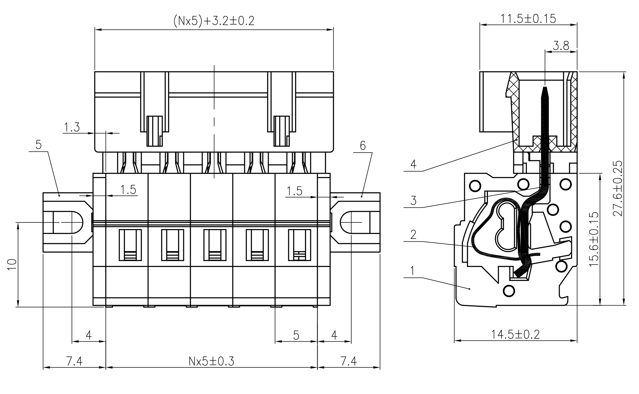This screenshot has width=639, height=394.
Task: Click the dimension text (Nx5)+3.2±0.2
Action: coord(213,21)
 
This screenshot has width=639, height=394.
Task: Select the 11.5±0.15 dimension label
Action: coord(528,19)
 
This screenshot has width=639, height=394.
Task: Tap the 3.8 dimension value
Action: coord(561,46)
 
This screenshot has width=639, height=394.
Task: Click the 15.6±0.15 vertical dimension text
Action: coord(593,239)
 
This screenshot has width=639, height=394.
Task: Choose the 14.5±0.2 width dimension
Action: coord(515,335)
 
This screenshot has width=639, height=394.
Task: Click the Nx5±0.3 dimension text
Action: coord(211,361)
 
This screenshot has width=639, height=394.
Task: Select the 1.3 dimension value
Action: coord(72,127)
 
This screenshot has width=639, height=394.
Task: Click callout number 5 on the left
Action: coord(38,145)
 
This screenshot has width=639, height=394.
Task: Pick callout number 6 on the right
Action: coord(363,146)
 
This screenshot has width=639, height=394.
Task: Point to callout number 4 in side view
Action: coord(413,164)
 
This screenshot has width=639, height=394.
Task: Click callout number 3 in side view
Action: coord(413,201)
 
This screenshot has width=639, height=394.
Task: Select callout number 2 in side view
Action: coord(413,235)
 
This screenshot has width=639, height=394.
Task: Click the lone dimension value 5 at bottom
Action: coord(296,335)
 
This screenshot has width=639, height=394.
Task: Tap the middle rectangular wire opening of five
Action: coord(215,245)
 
